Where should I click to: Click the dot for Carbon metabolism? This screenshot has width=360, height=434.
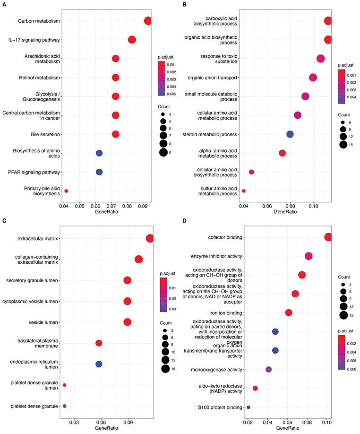(148, 21)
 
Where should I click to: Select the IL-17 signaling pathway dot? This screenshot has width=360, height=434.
(132, 40)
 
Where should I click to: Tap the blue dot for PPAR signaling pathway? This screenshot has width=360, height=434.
(99, 172)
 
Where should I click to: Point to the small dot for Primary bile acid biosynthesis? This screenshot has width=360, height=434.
(66, 191)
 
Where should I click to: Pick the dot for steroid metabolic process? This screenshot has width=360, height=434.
(290, 134)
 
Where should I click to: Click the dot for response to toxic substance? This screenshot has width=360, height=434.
(320, 59)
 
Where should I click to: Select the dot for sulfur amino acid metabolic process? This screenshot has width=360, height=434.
(244, 191)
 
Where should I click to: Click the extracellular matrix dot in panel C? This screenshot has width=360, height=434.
(150, 238)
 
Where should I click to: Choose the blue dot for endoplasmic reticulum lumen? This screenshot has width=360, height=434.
(99, 364)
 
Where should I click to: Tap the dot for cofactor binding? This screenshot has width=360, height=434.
(328, 237)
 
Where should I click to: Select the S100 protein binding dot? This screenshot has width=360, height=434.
(249, 407)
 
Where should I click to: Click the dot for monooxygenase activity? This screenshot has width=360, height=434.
(269, 369)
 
